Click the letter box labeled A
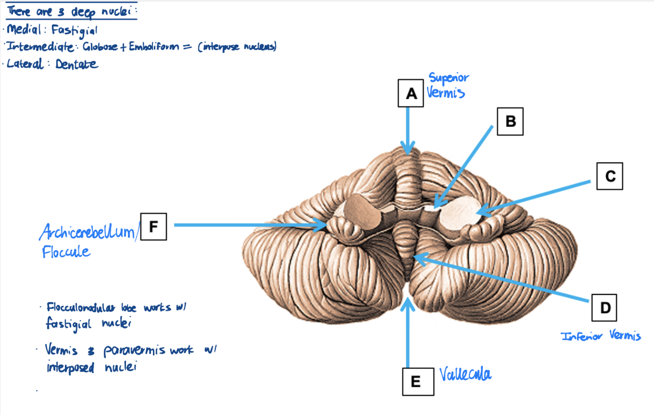coord(411,94)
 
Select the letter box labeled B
coord(510,122)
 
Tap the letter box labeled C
coord(610,176)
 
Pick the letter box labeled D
coord(604,308)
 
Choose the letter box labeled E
coord(416,382)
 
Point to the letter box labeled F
coord(153,226)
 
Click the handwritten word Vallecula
coord(465,375)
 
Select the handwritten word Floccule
coord(66,252)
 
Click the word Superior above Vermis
coord(449,78)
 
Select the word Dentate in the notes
coord(76,64)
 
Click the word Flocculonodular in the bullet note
coord(81,308)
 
